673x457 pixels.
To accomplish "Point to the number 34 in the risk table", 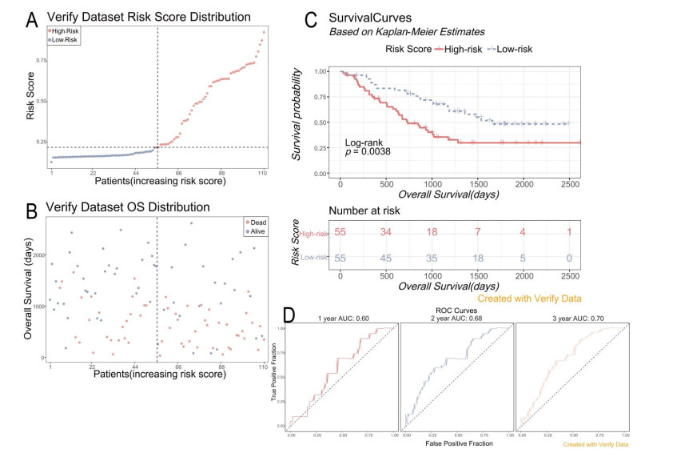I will (387, 233).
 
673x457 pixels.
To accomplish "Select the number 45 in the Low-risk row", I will (387, 259).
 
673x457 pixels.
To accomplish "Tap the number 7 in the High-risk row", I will (479, 233).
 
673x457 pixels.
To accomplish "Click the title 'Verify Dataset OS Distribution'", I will (128, 208).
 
